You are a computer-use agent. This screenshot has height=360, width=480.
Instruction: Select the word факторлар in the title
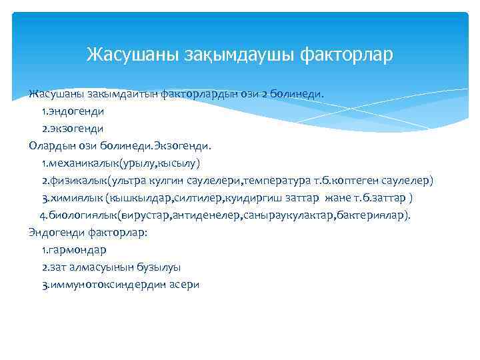pyautogui.click(x=339, y=54)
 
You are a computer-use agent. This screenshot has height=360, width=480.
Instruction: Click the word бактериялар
pyautogui.click(x=373, y=215)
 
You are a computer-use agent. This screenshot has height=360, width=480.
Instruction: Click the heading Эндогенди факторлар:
pyautogui.click(x=88, y=233)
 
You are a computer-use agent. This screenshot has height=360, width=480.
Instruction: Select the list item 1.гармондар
pyautogui.click(x=73, y=250)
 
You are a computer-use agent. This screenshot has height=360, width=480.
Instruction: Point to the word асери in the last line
pyautogui.click(x=185, y=285)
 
